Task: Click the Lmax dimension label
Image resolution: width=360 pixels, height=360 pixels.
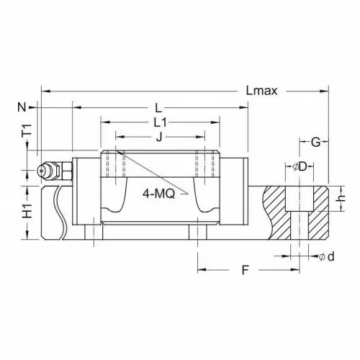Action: click(x=261, y=91)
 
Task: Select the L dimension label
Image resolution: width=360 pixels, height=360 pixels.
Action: click(x=158, y=108)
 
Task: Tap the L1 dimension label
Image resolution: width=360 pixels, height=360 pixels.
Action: click(x=160, y=122)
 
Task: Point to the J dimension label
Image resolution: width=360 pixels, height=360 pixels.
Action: click(x=159, y=137)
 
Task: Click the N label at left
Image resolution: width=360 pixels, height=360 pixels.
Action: click(x=22, y=107)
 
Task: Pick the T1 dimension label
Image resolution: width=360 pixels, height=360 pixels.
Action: click(x=27, y=130)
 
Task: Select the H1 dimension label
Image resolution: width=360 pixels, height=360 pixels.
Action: click(x=27, y=211)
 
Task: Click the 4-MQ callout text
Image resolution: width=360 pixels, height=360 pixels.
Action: click(x=158, y=194)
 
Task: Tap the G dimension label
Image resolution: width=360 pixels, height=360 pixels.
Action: click(x=315, y=143)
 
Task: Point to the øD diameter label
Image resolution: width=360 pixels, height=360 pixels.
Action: click(x=300, y=166)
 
